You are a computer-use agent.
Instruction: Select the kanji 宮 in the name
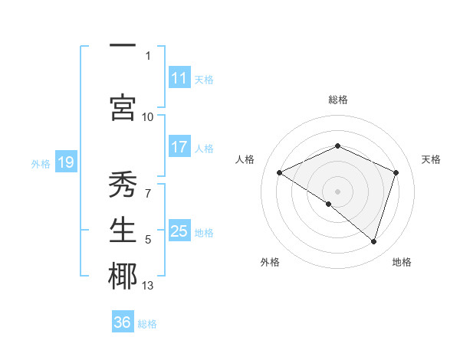pos(123,107)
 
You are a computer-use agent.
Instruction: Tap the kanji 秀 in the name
pos(123,185)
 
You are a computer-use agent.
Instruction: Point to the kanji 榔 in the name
pos(123,277)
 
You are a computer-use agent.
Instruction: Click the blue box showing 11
pos(179,78)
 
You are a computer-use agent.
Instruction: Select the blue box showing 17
pos(179,147)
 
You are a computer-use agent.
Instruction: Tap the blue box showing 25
pos(179,231)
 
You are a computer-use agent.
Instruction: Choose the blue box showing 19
pos(65,162)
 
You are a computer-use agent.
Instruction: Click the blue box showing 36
pos(123,322)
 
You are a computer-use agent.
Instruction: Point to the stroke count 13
pos(148,286)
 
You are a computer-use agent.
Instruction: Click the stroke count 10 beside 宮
pos(148,116)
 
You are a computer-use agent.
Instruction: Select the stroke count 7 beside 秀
pos(148,193)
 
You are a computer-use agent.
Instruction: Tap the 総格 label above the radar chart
pos(338,100)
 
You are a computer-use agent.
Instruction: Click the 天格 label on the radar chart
pos(432,159)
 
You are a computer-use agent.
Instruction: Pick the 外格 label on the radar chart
pos(270,263)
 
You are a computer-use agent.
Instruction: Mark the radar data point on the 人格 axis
pos(280,172)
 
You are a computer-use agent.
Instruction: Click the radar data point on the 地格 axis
pos(373,241)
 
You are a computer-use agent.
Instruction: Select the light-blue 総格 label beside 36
pos(147,324)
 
